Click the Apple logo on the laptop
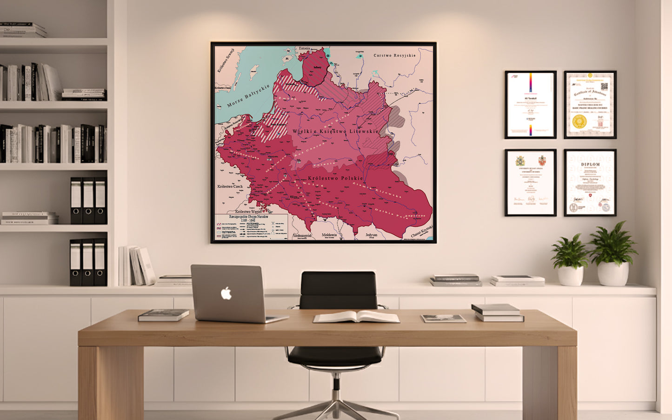(x=226, y=293)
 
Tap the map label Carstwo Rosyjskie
(x=394, y=55)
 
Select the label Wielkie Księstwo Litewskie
(x=335, y=132)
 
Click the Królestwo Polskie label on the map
(x=335, y=178)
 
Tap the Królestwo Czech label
(x=230, y=187)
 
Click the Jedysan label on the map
(x=371, y=235)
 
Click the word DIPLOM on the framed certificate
(x=590, y=164)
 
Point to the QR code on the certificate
(x=604, y=87)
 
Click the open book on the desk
(x=356, y=317)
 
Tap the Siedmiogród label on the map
(x=302, y=236)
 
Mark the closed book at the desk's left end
(x=163, y=315)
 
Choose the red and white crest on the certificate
(x=542, y=161)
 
